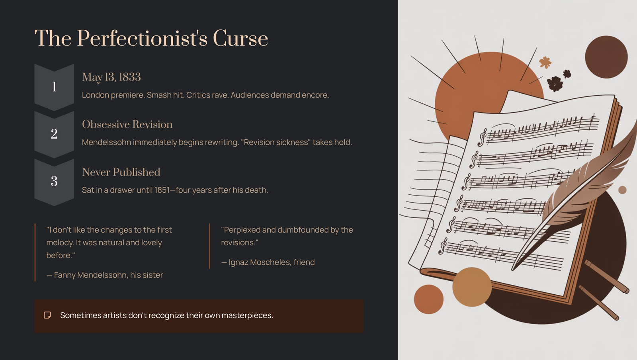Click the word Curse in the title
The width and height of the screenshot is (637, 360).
(240, 38)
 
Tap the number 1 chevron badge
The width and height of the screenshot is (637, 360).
(54, 87)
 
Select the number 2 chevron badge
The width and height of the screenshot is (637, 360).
(54, 134)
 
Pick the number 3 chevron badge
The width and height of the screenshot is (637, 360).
(54, 182)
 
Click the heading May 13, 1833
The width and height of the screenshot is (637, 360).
(111, 77)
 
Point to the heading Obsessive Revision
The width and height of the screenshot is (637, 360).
(127, 124)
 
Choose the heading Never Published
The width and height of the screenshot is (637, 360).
(121, 172)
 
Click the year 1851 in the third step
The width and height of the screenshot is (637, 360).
(162, 190)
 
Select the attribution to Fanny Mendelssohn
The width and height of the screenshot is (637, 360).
(105, 275)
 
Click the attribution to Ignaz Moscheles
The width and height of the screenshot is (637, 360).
(268, 262)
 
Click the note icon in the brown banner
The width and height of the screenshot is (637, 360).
(47, 315)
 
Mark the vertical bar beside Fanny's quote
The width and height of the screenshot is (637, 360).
(35, 252)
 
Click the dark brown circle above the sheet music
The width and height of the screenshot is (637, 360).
(606, 57)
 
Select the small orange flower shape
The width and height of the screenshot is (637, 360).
(545, 62)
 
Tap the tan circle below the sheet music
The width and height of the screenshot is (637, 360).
(472, 287)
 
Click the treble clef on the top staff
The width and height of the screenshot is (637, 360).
(482, 137)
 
